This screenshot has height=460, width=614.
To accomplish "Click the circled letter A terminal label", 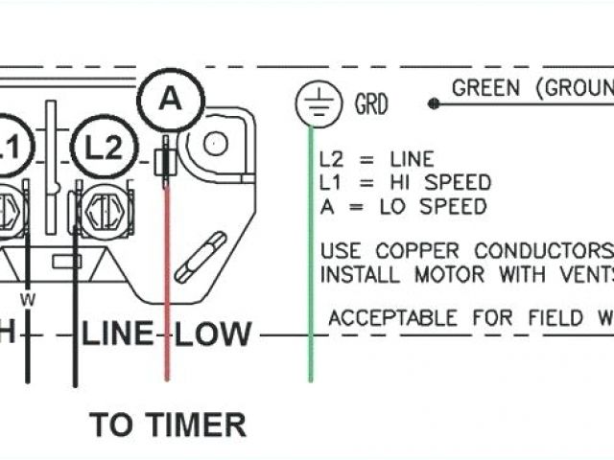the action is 168,98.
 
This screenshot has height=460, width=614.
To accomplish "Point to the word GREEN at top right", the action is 485,89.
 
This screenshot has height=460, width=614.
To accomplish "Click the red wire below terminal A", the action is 168,278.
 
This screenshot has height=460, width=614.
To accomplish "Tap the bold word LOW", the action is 214,334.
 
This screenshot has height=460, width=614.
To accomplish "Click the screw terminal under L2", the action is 102,206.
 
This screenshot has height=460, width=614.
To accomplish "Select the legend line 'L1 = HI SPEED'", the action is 405,182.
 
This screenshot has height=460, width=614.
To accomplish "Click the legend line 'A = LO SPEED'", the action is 403,205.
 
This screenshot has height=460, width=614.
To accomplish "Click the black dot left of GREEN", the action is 434,103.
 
